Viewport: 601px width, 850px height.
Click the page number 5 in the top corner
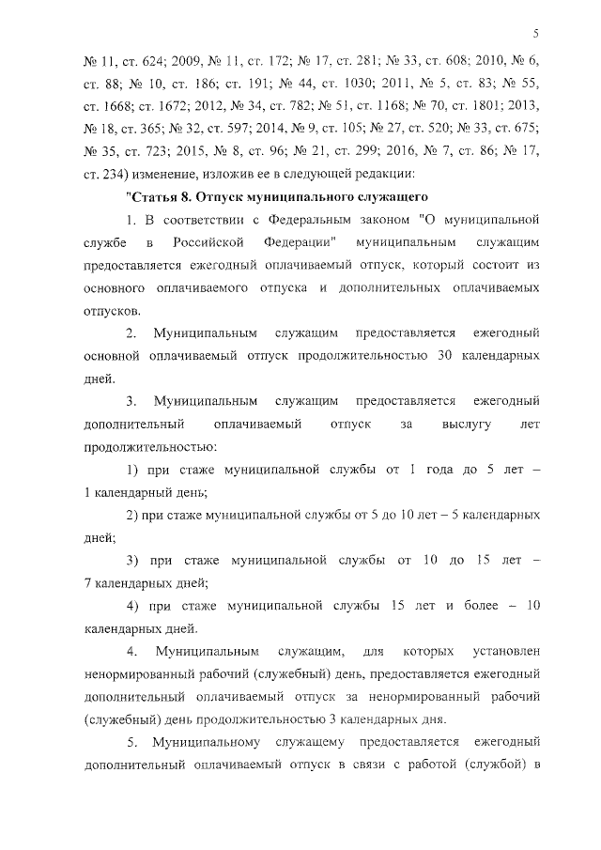click(x=533, y=35)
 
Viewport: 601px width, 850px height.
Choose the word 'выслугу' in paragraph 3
click(x=466, y=425)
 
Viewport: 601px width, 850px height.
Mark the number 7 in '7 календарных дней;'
click(x=87, y=582)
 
